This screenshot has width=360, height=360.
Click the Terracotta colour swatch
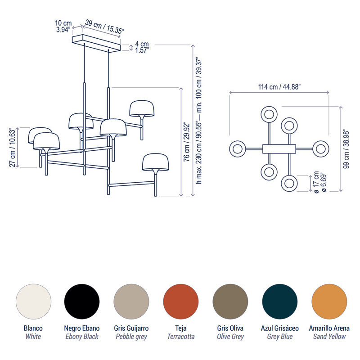pyautogui.click(x=181, y=301)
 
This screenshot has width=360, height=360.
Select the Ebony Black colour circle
pyautogui.click(x=82, y=301)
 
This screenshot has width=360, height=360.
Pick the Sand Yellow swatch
pyautogui.click(x=329, y=301)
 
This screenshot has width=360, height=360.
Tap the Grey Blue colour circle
pyautogui.click(x=279, y=301)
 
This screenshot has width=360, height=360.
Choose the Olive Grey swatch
pyautogui.click(x=230, y=301)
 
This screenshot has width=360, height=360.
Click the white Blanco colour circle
pyautogui.click(x=33, y=301)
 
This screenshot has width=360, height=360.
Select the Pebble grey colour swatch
pyautogui.click(x=131, y=301)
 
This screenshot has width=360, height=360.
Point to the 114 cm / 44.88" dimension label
pyautogui.click(x=279, y=87)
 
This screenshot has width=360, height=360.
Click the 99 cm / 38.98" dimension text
pyautogui.click(x=346, y=149)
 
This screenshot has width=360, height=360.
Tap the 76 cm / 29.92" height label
pyautogui.click(x=187, y=142)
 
